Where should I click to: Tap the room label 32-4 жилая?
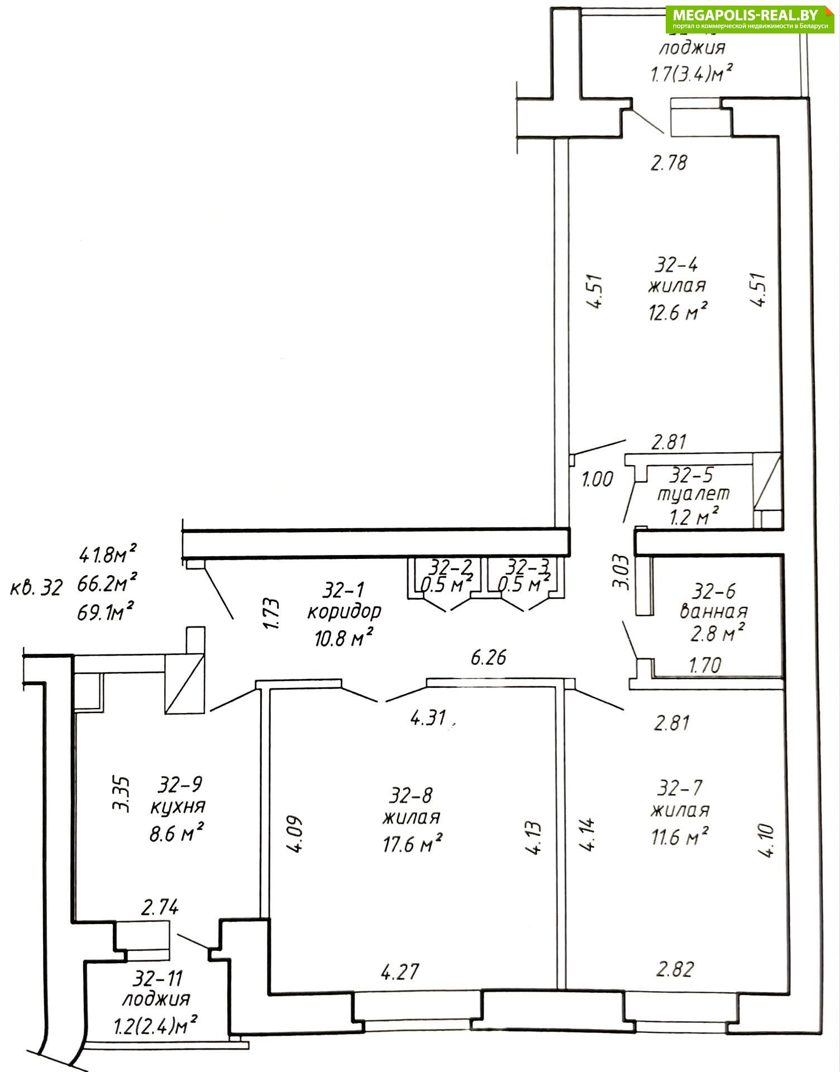click(677, 275)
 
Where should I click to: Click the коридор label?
click(344, 611)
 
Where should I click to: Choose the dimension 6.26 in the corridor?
click(489, 658)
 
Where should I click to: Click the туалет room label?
click(693, 494)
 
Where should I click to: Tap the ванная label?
click(713, 611)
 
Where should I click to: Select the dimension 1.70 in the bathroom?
click(705, 664)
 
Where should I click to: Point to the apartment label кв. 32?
click(36, 588)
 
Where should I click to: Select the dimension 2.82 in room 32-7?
click(675, 969)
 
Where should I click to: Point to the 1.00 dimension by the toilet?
click(598, 479)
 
